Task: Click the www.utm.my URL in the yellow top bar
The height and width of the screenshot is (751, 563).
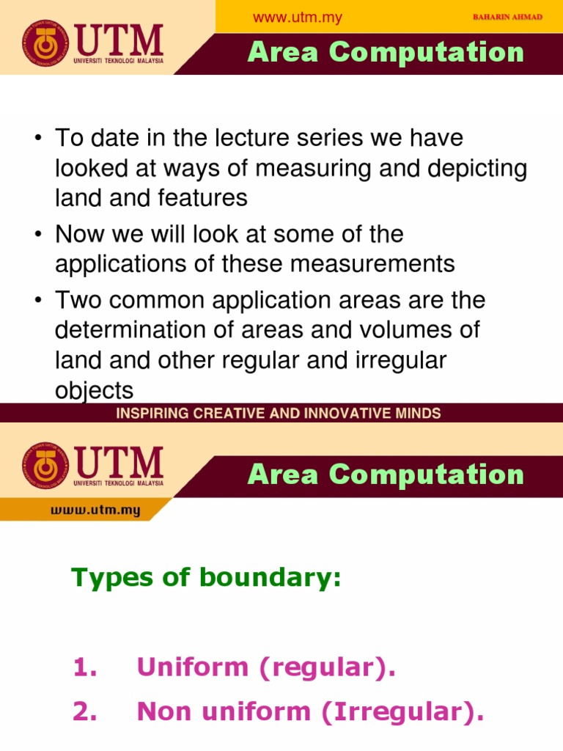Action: pos(297,18)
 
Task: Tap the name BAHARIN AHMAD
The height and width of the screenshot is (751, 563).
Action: pos(508,17)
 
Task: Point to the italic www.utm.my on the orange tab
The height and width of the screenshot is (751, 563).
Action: pos(95,510)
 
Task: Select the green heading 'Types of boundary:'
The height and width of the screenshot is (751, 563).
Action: pos(206,578)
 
